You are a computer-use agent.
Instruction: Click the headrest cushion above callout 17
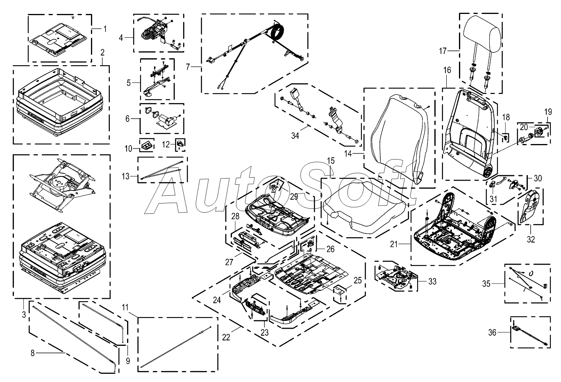[x=482, y=35]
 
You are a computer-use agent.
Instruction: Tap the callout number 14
[x=348, y=153]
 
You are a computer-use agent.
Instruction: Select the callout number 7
[x=189, y=67]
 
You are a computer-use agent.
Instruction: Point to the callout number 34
[x=295, y=136]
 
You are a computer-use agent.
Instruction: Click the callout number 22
[x=226, y=338]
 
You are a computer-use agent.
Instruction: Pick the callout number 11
[x=125, y=307]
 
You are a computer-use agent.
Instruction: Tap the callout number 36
[x=492, y=333]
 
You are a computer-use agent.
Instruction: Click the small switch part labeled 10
[x=147, y=145]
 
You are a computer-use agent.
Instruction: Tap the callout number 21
[x=394, y=244]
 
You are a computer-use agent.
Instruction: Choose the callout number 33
[x=432, y=281]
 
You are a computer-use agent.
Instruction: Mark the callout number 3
[x=24, y=315]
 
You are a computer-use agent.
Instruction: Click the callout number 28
[x=235, y=216]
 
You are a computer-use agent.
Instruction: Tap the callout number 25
[x=358, y=280]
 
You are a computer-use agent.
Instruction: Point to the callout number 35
[x=486, y=284]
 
